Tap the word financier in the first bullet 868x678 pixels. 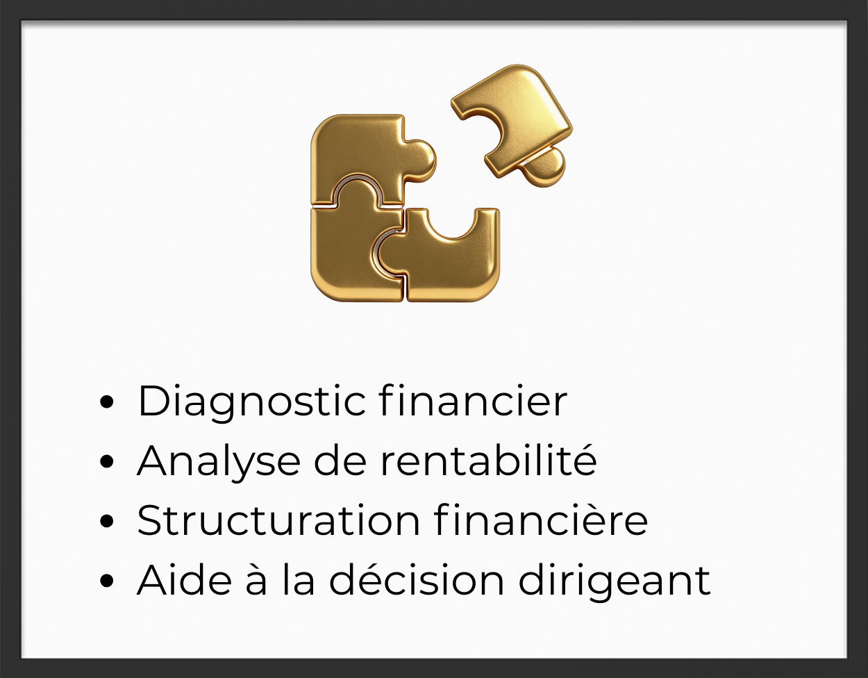pyautogui.click(x=473, y=400)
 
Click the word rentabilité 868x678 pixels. pyautogui.click(x=489, y=459)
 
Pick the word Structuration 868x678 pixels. pyautogui.click(x=278, y=520)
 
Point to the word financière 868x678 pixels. pyautogui.click(x=541, y=520)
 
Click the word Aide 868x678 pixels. pyautogui.click(x=185, y=579)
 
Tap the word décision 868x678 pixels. pyautogui.click(x=417, y=579)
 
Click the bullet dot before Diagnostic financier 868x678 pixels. pyautogui.click(x=107, y=402)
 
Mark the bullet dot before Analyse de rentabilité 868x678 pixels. pyautogui.click(x=107, y=461)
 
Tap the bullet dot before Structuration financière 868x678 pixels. pyautogui.click(x=107, y=521)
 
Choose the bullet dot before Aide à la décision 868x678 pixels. pyautogui.click(x=107, y=581)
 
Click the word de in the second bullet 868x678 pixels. pyautogui.click(x=340, y=461)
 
